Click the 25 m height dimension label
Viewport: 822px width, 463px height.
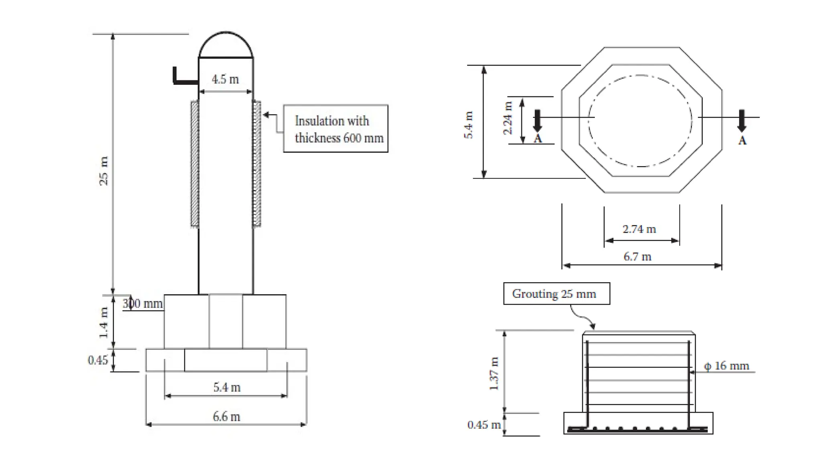104,171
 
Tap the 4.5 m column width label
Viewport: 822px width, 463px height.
225,79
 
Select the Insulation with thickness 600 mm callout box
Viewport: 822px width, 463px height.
336,129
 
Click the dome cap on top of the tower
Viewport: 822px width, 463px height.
226,45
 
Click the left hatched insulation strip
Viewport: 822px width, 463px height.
195,164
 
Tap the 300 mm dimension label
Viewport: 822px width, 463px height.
142,303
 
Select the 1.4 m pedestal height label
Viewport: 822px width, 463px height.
104,322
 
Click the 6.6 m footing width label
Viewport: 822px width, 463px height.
226,416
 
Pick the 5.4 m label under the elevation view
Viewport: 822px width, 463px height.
227,387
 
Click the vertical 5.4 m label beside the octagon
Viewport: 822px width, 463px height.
468,125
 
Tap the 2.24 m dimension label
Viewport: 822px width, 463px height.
508,118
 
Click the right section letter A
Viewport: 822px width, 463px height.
742,141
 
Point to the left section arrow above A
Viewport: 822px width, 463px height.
537,120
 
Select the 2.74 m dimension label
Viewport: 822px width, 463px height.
639,229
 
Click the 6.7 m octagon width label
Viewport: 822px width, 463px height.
637,256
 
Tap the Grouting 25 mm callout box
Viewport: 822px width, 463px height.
556,294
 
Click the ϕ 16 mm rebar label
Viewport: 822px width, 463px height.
726,366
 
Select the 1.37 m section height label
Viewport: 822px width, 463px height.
494,373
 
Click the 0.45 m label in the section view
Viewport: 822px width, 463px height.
484,425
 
